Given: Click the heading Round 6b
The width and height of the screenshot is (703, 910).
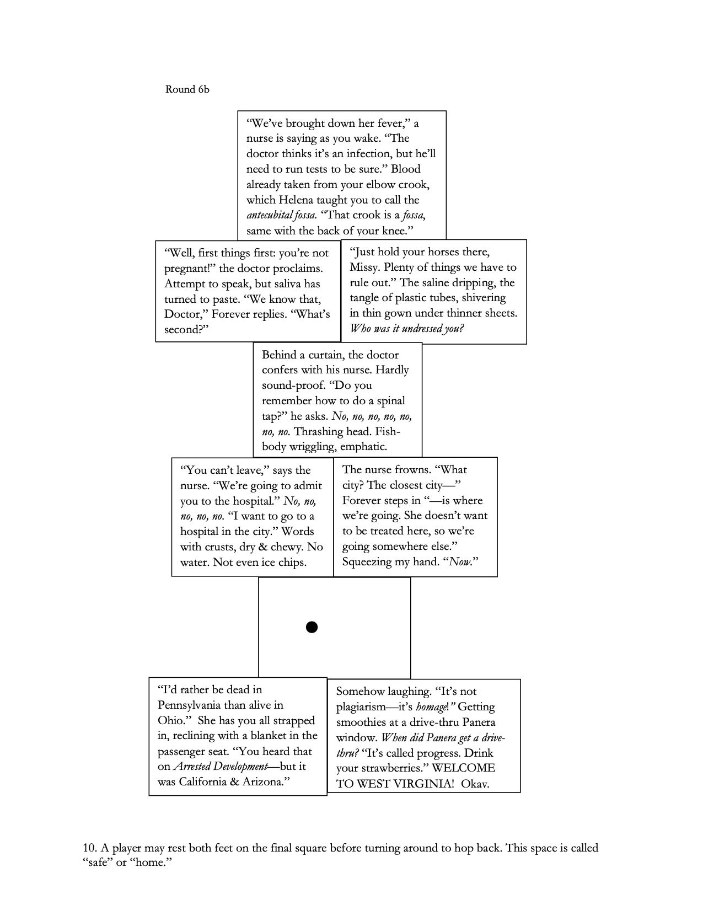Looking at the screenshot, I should pos(187,89).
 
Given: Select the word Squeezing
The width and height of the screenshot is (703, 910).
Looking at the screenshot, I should pos(368,562).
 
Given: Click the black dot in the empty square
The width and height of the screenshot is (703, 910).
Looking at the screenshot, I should pos(312,627).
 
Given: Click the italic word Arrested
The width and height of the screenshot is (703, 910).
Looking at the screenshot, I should pos(194,767).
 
